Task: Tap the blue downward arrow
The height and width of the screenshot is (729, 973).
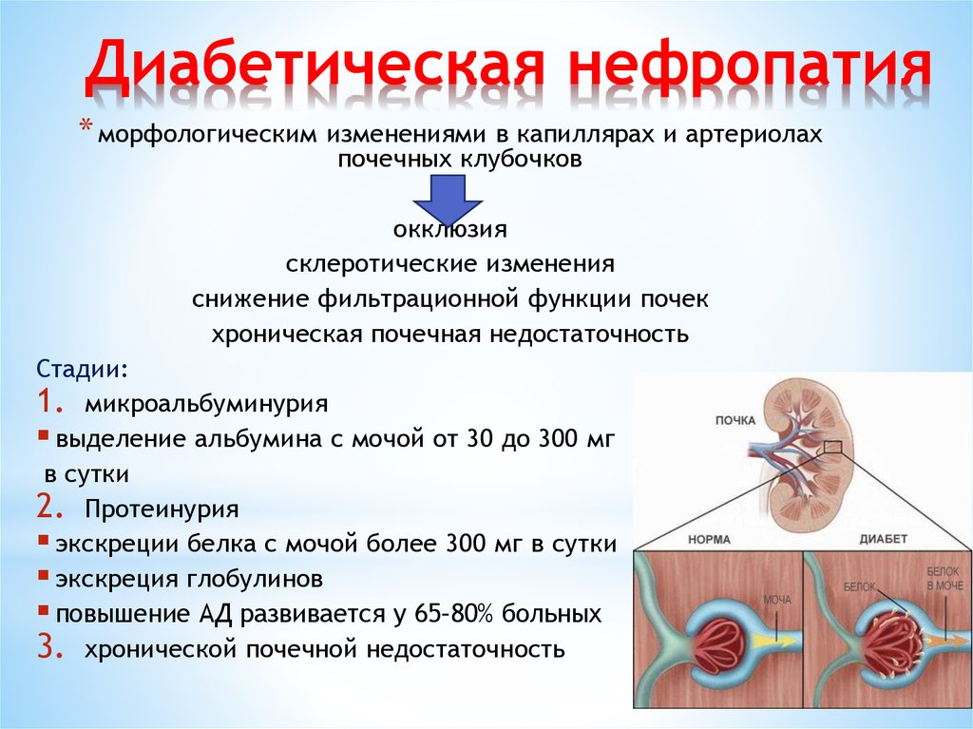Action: [x=448, y=200]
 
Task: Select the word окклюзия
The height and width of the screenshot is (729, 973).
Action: [x=449, y=229]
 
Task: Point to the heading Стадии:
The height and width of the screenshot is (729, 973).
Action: [x=84, y=369]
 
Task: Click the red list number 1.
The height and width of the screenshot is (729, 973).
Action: [x=49, y=402]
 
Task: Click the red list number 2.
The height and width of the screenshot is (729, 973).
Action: [x=49, y=508]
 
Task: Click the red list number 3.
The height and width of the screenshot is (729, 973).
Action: [x=49, y=647]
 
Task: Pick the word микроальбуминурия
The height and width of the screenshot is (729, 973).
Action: [x=206, y=404]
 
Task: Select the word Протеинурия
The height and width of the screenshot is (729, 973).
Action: [x=162, y=509]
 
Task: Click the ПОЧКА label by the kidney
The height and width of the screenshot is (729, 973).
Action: [x=735, y=420]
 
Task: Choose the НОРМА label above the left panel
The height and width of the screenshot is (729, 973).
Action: [x=709, y=540]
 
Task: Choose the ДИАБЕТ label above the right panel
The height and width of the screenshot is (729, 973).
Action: [x=883, y=539]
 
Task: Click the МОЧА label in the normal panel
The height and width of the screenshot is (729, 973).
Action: [x=777, y=600]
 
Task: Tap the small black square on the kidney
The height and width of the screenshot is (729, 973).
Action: [x=833, y=447]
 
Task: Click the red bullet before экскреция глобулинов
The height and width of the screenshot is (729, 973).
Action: [x=43, y=574]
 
